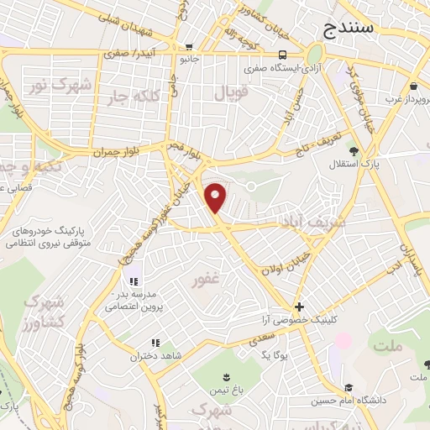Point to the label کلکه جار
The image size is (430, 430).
[x=131, y=97]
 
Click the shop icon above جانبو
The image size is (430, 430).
[x=191, y=48]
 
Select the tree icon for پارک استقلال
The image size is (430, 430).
[x=354, y=152]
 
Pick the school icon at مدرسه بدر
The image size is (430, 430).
[x=133, y=281]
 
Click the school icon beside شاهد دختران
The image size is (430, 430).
[x=155, y=343]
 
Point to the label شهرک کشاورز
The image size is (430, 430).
[x=44, y=312]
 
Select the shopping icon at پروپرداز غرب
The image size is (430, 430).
[x=413, y=86]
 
